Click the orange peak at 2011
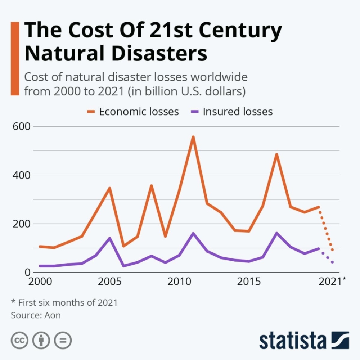(x=193, y=137)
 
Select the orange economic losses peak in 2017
(x=276, y=154)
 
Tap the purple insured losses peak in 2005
(x=109, y=238)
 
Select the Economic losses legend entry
(x=139, y=112)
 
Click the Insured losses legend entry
(x=238, y=112)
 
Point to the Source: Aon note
(x=36, y=315)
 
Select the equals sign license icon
(x=63, y=340)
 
